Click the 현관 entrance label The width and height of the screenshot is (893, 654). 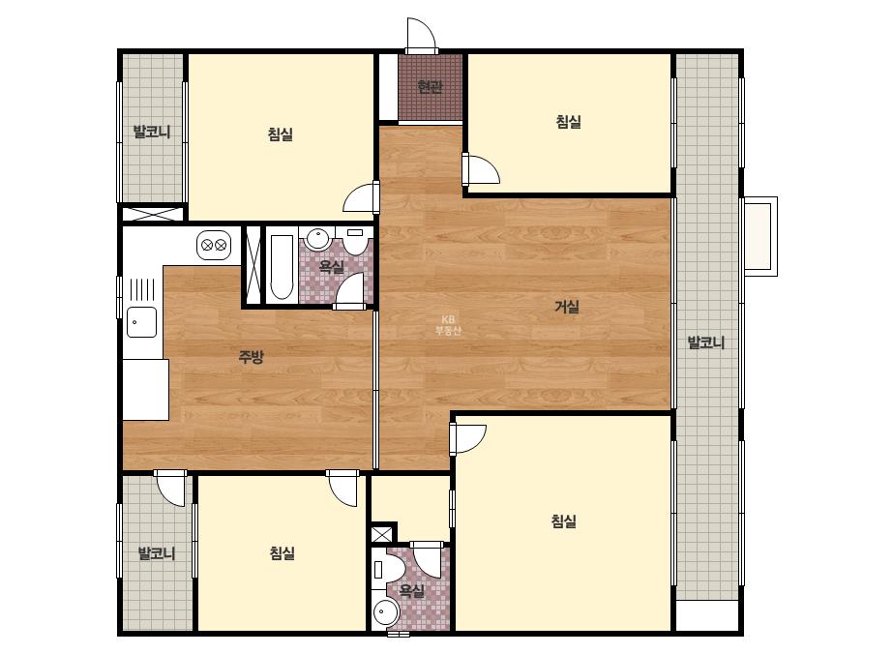pyautogui.click(x=430, y=87)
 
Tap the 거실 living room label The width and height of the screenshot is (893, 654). pyautogui.click(x=567, y=307)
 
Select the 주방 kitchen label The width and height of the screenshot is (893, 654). pyautogui.click(x=251, y=357)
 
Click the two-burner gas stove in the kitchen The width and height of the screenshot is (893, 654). pyautogui.click(x=214, y=246)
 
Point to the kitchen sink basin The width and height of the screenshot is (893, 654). pyautogui.click(x=141, y=322)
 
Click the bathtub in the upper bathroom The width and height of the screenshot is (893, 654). pyautogui.click(x=282, y=266)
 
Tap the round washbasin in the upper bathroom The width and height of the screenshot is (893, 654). pyautogui.click(x=316, y=239)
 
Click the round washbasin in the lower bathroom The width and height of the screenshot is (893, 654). pyautogui.click(x=386, y=612)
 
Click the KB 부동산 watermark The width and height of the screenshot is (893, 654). pyautogui.click(x=448, y=325)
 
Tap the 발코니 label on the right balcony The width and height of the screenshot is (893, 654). pyautogui.click(x=706, y=342)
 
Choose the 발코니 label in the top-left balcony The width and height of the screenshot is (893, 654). pyautogui.click(x=152, y=132)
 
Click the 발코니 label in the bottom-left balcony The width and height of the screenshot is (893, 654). pyautogui.click(x=157, y=552)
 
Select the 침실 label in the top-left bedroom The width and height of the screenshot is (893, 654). pyautogui.click(x=281, y=134)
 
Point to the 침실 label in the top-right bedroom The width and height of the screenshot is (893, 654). pyautogui.click(x=568, y=121)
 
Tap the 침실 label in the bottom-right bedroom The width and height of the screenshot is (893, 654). pyautogui.click(x=564, y=520)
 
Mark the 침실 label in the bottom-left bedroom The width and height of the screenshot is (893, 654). pyautogui.click(x=282, y=552)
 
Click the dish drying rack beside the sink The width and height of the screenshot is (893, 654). pyautogui.click(x=142, y=289)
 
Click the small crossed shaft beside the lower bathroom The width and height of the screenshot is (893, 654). pyautogui.click(x=381, y=534)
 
